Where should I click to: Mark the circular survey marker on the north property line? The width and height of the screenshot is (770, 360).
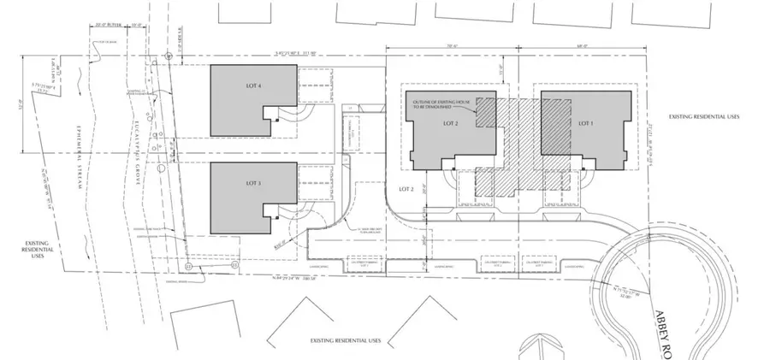[169, 55]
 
